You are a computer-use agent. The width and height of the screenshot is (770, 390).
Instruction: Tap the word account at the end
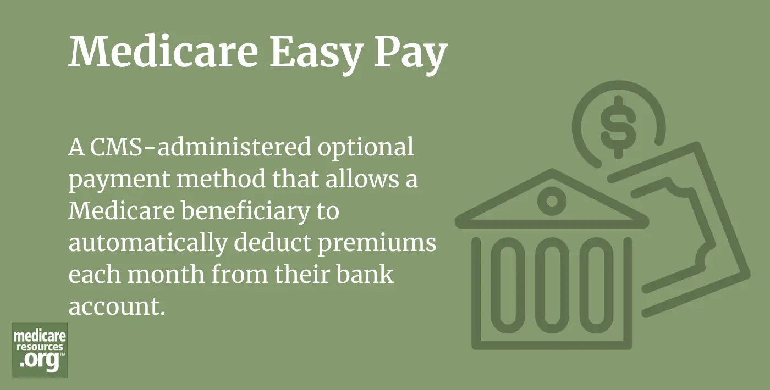pyautogui.click(x=116, y=305)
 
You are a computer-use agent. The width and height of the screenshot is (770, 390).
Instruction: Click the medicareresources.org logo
pyautogui.click(x=40, y=350)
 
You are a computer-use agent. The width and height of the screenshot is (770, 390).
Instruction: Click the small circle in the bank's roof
pyautogui.click(x=552, y=200)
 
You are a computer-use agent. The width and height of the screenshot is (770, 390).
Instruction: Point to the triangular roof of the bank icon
pyautogui.click(x=552, y=200)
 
